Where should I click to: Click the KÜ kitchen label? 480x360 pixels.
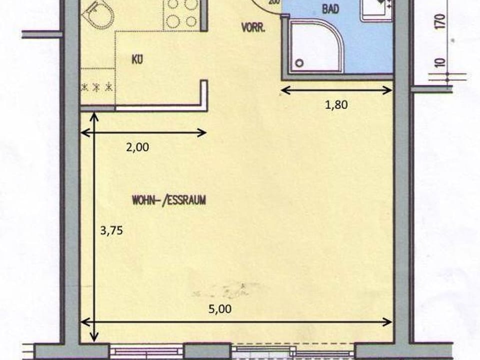137,60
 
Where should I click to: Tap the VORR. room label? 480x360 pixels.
253,28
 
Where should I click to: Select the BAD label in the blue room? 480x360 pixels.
328,10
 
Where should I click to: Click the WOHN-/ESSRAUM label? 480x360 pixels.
169,200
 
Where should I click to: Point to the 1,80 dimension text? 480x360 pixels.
336,105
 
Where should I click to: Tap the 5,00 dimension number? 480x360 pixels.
220,309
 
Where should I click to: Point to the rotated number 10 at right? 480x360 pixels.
440,63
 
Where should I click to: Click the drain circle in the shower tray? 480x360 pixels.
299,63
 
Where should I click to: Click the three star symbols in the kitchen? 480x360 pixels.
97,87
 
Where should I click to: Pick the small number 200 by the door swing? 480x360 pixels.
274,2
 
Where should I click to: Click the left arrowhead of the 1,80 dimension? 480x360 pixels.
283,90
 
